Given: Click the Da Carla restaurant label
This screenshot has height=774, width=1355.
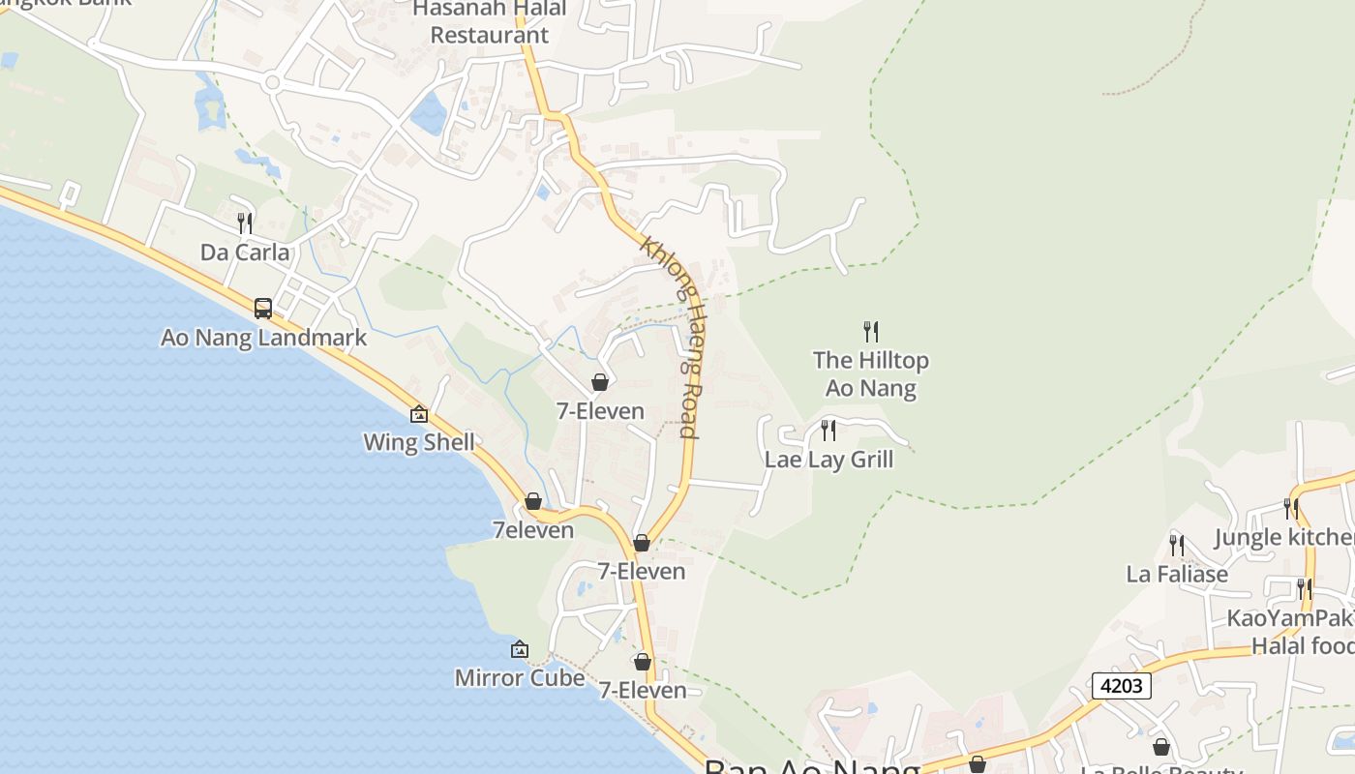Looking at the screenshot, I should point(245,253).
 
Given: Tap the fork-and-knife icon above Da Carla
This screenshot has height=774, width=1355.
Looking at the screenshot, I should point(245,223).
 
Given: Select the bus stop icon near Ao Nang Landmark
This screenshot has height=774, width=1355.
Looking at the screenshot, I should point(263,309).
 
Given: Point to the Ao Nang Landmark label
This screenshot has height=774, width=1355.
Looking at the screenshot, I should point(263,338).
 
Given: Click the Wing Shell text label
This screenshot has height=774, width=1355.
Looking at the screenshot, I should point(419,442).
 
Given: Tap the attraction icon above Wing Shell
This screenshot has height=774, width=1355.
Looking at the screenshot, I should point(419,414).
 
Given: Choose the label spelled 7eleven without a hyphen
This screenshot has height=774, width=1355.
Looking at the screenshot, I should point(533,530).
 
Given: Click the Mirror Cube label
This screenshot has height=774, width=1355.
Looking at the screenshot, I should point(520,677).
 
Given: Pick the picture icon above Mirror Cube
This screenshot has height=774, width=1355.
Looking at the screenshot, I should point(520,649).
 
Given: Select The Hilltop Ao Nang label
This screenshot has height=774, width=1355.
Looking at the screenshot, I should point(870,374).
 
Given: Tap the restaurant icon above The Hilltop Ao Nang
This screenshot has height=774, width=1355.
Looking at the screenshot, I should point(871,332).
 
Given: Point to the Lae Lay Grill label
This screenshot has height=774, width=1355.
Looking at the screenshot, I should point(828,459).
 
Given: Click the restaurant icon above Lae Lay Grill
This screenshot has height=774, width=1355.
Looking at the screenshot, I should point(828,431).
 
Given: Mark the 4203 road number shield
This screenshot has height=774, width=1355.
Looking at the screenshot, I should point(1123,686).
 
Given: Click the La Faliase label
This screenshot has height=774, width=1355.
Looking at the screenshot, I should point(1177,574).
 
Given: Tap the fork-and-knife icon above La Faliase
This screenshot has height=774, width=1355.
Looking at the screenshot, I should point(1177,545).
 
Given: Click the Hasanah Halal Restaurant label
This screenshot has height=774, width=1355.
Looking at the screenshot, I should point(489,22).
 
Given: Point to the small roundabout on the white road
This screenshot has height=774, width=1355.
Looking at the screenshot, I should point(272,83).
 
